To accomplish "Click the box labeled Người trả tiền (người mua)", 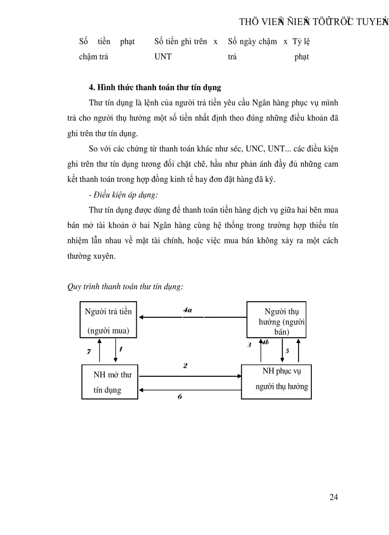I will pos(108,320).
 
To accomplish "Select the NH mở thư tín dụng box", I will pos(110,382).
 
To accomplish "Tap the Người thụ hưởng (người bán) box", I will pos(276,319).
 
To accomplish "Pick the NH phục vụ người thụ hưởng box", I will pos(276,381).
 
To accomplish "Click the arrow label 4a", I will pos(187,310).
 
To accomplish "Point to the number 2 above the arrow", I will pos(185,365).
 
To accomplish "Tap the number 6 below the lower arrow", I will pos(180,396).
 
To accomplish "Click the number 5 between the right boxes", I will pos(287,351).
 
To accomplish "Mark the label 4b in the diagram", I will pos(266,342).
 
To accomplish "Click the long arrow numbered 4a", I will pos(191,316).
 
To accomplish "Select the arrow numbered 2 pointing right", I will pos(190,376).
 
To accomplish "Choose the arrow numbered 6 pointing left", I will pos(190,390).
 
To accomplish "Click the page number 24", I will pos(334,497).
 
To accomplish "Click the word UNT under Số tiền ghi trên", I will pos(163,57).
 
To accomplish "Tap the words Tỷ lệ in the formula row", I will pos(301,41).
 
